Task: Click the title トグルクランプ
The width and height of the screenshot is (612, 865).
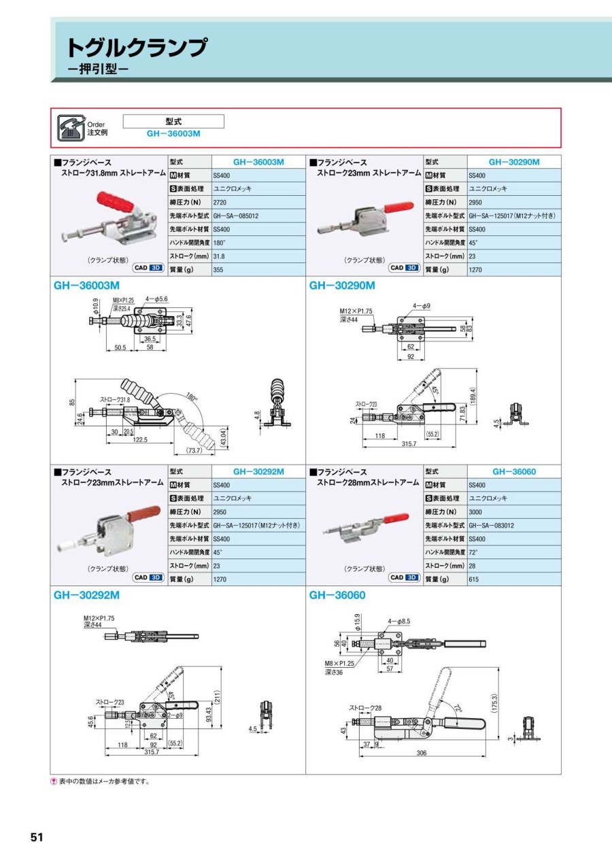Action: (135, 48)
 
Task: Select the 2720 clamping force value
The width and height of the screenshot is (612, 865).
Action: (220, 202)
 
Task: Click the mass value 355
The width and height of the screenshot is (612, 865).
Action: (218, 269)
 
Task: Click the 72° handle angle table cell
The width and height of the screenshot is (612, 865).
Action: (473, 552)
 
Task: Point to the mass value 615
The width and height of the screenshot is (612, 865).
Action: (474, 579)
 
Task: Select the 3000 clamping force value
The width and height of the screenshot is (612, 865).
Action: (475, 511)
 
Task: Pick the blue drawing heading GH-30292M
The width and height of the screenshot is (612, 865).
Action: (86, 595)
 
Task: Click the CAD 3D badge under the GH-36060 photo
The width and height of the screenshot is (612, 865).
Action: (404, 577)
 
